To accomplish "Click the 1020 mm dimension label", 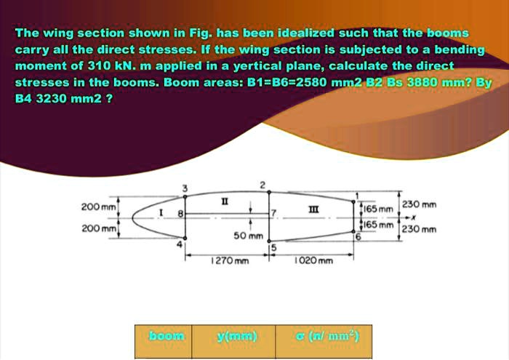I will pyautogui.click(x=313, y=260).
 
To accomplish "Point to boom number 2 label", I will pyautogui.click(x=262, y=184).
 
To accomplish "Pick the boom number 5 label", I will pyautogui.click(x=274, y=248).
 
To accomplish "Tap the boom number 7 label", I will pyautogui.click(x=274, y=212).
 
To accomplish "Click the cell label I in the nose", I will pyautogui.click(x=161, y=211).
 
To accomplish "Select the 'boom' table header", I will pyautogui.click(x=167, y=336).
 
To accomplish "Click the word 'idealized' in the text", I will pyautogui.click(x=301, y=33).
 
